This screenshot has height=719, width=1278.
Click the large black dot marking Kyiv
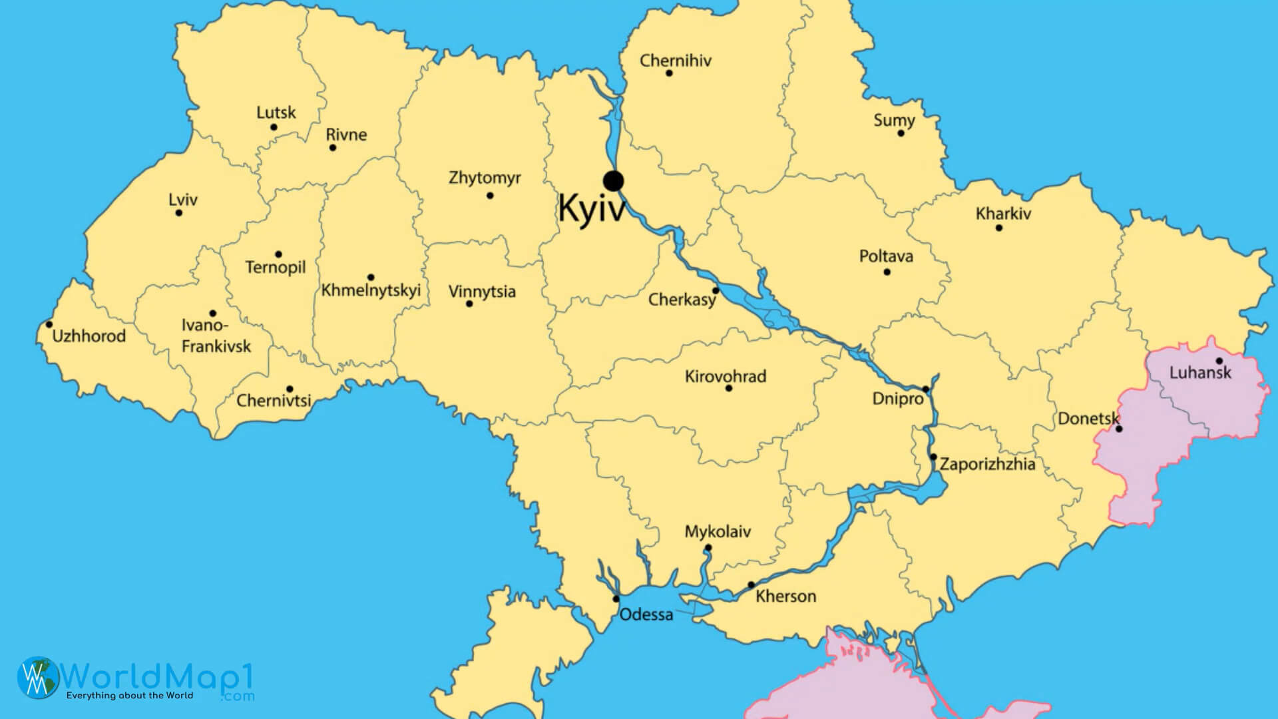coord(613,180)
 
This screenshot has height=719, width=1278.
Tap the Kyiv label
coord(592,208)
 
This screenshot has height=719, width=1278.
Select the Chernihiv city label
coord(675,61)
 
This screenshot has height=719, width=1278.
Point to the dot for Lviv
coord(178,213)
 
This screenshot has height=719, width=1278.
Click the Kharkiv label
coord(1003,214)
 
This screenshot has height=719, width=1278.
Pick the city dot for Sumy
coord(901,133)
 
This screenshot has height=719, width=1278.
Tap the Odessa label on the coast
coord(646,614)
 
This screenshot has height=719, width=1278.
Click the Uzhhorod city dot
coord(49,325)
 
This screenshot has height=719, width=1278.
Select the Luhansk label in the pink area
coord(1200,373)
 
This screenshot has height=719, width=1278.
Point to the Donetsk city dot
coord(1119,429)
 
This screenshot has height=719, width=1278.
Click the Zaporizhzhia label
coord(987,464)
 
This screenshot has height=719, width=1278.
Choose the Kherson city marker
coord(751,585)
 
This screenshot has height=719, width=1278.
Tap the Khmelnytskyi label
coord(371,291)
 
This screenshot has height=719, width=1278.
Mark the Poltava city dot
coord(887,272)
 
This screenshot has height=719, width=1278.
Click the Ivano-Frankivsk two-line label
coord(216,336)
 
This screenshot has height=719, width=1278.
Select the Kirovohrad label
coord(726,376)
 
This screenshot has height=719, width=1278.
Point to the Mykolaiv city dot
coord(708,548)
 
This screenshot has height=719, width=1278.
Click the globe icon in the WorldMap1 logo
coord(38,678)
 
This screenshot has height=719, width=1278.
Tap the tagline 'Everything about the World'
coord(129,696)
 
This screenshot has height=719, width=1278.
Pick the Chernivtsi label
coord(274,401)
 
